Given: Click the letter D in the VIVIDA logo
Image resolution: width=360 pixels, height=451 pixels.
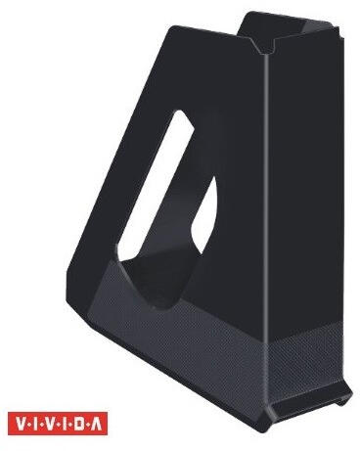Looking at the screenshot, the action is coord(78,425).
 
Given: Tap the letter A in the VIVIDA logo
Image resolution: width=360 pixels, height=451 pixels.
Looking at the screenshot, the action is coord(97,425).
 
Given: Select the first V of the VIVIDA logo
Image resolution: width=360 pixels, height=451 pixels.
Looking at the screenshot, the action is coord(20,425).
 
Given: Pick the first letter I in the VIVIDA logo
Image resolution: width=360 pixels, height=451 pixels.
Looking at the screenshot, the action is coord(34,425).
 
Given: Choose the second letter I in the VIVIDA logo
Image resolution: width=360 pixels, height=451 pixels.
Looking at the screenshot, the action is coord(64,425).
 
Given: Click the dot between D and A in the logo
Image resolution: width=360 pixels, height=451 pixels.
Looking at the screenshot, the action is coord(87,425).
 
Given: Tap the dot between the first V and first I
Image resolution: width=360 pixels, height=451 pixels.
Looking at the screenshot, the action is coord(28,425).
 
